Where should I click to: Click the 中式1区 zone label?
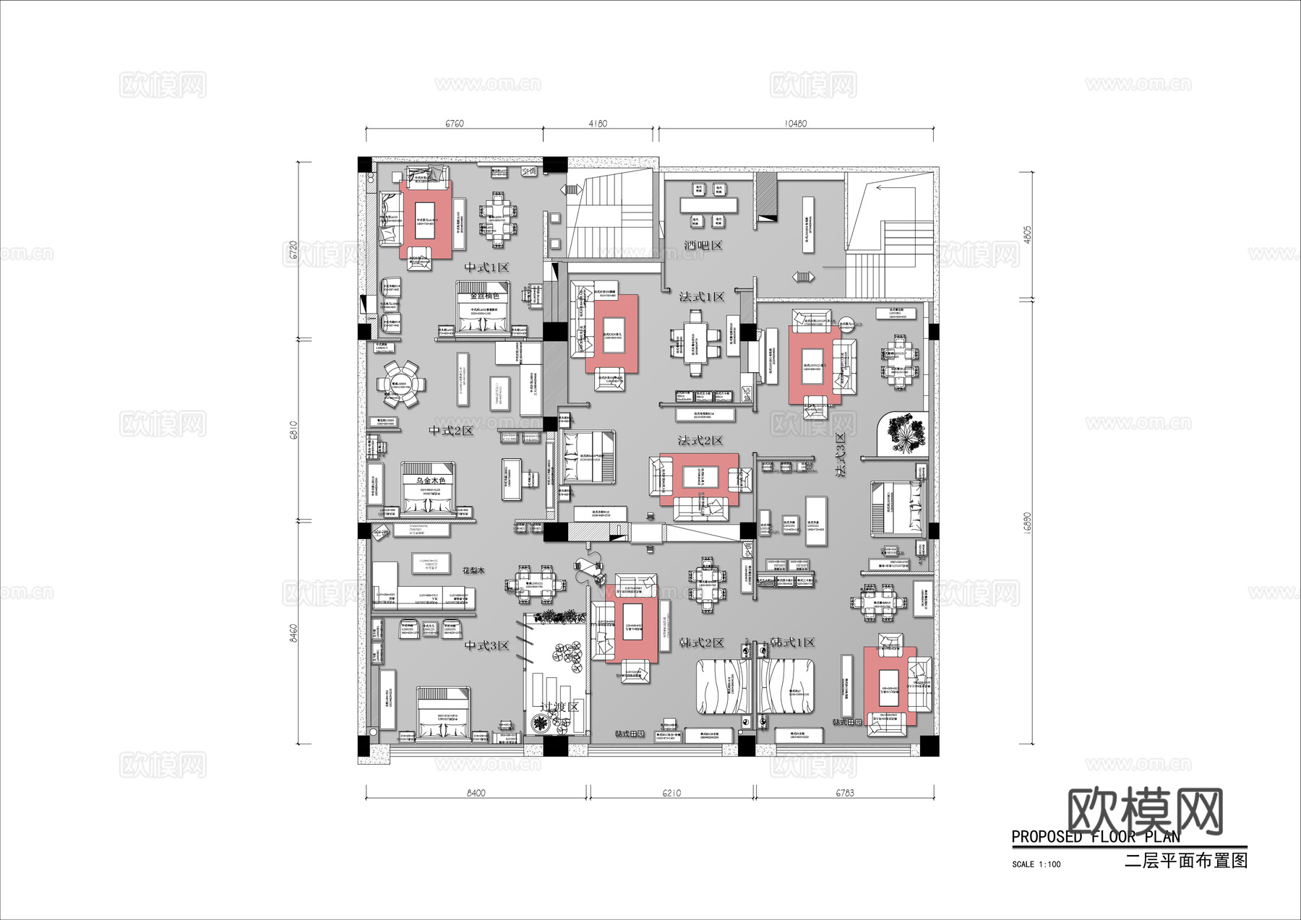pyautogui.click(x=486, y=267)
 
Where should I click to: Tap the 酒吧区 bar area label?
pyautogui.click(x=703, y=246)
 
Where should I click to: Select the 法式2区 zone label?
pyautogui.click(x=700, y=440)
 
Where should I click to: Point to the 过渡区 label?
pyautogui.click(x=560, y=706)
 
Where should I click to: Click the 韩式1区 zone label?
pyautogui.click(x=792, y=642)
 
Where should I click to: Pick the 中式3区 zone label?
pyautogui.click(x=486, y=645)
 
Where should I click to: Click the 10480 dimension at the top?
pyautogui.click(x=795, y=124)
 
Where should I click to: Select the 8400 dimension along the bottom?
pyautogui.click(x=476, y=793)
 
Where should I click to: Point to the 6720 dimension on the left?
pyautogui.click(x=293, y=250)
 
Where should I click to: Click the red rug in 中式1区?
pyautogui.click(x=426, y=220)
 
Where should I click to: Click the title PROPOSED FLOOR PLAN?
pyautogui.click(x=1095, y=837)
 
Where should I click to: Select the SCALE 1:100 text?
pyautogui.click(x=1036, y=864)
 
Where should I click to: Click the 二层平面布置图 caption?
pyautogui.click(x=1185, y=860)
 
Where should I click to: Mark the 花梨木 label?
pyautogui.click(x=473, y=571)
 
